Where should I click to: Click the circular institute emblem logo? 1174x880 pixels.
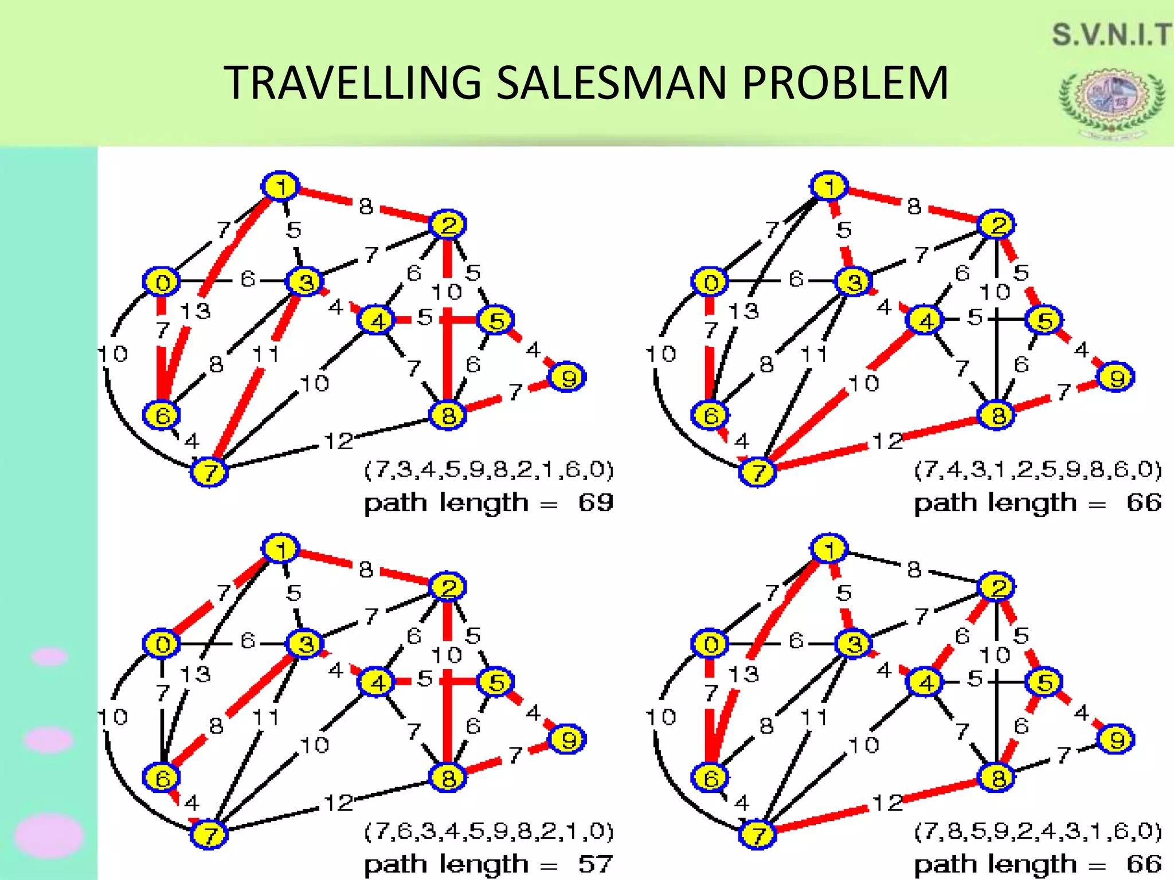click(x=1111, y=103)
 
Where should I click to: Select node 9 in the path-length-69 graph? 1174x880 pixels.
click(x=567, y=378)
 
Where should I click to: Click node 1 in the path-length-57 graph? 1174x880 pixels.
click(x=280, y=549)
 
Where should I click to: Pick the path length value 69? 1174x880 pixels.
click(x=596, y=502)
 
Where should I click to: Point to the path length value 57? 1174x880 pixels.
click(x=596, y=864)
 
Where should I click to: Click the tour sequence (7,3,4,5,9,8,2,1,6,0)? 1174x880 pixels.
click(x=489, y=470)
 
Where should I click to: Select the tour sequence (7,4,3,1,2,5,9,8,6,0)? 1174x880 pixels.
click(x=1038, y=470)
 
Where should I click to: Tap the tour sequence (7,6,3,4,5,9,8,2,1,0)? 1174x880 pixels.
click(x=489, y=831)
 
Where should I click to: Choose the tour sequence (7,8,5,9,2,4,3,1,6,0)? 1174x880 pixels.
click(x=1038, y=831)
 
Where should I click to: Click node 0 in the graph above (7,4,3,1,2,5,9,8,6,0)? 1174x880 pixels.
click(x=710, y=282)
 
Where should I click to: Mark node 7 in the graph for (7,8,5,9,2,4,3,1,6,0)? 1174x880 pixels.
click(x=758, y=834)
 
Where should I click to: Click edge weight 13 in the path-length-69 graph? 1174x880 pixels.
click(x=195, y=311)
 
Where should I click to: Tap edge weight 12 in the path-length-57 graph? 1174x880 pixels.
click(x=339, y=803)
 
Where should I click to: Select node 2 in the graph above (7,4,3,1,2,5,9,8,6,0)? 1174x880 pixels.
click(x=996, y=224)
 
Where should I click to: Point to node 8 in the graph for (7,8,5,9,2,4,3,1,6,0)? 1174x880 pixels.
click(x=997, y=777)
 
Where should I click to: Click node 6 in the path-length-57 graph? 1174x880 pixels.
click(x=162, y=777)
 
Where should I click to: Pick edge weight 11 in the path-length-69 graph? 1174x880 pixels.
click(x=265, y=355)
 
